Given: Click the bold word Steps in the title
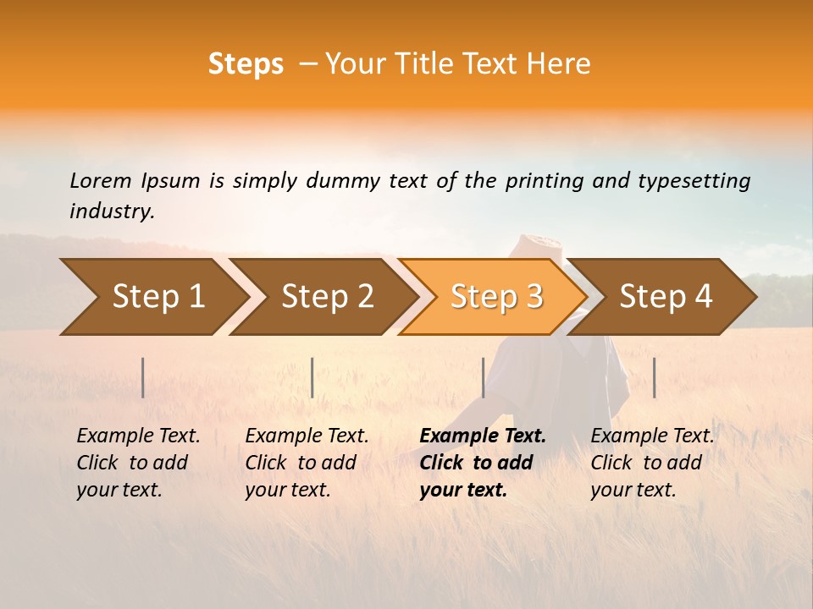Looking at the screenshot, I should (246, 64).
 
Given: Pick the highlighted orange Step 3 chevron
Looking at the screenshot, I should (493, 297).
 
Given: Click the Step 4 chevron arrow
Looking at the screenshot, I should (663, 297).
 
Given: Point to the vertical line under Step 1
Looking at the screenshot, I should (143, 377).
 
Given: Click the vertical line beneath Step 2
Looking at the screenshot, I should (312, 377).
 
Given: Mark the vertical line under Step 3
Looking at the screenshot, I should (483, 377).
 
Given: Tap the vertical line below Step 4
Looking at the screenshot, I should (654, 377).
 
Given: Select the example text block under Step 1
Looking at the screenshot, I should (138, 463).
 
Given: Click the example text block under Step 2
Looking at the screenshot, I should (307, 463).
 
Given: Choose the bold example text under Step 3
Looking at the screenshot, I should (482, 463).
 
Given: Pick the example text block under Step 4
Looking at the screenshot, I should (652, 463).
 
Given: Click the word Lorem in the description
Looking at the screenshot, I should (101, 181).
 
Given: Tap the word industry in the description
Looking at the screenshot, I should (112, 211).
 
